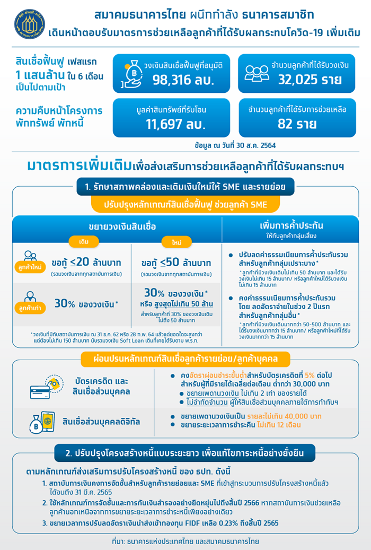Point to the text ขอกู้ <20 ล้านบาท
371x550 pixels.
point(86,263)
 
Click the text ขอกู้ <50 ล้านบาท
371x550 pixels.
point(176,263)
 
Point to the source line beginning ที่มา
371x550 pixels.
point(185,541)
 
